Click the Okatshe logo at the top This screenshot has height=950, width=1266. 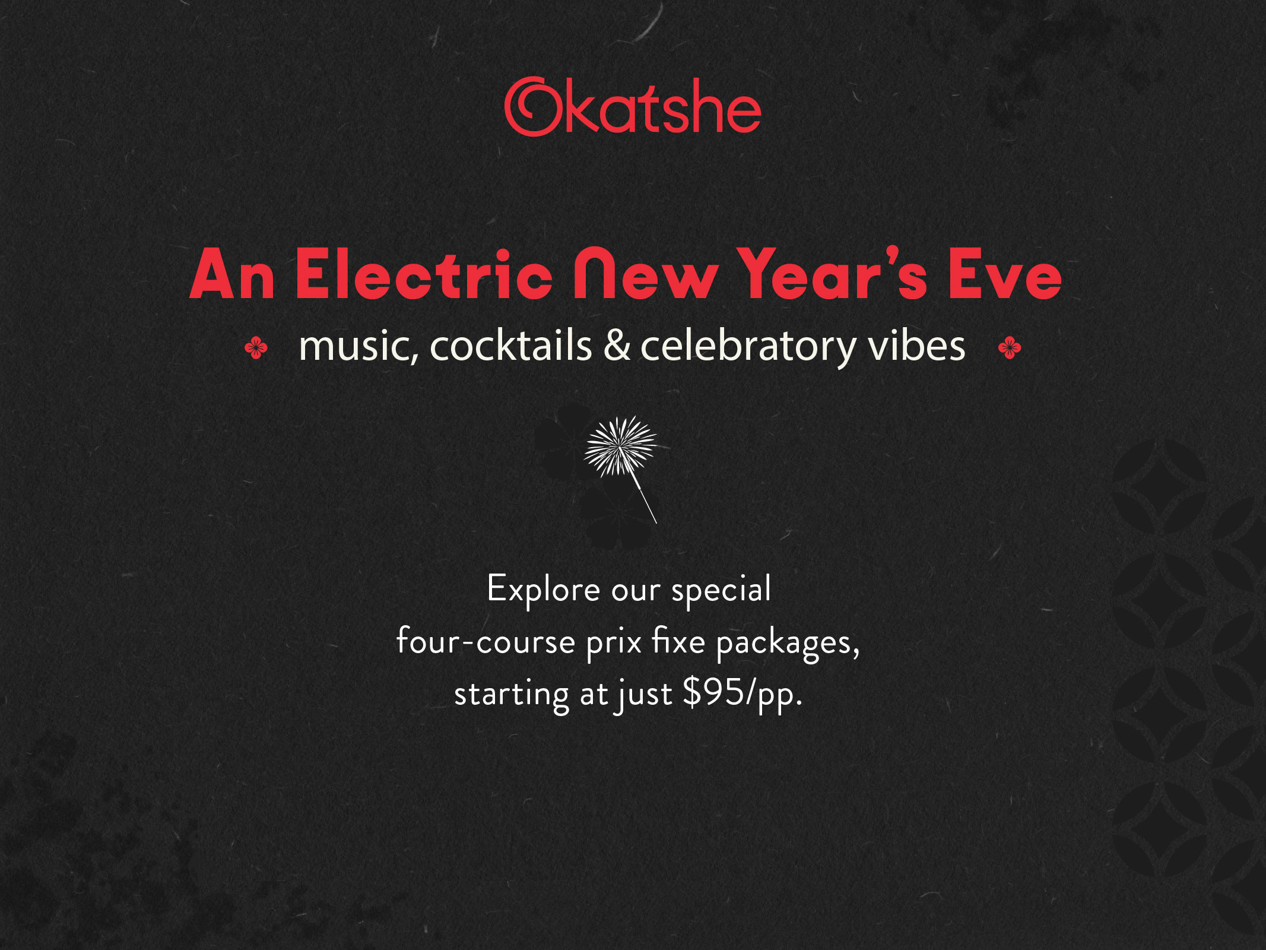pos(633,107)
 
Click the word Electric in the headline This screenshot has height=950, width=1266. pos(424,274)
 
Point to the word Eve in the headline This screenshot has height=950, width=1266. pos(1004,274)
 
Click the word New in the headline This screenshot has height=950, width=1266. pos(645,274)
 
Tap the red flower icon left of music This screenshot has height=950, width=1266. pos(256,347)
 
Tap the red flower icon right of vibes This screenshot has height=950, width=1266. pos(1010,347)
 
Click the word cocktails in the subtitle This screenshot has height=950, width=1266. pos(510,346)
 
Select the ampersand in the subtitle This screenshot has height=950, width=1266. pos(617,346)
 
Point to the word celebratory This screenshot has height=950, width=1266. pos(748,346)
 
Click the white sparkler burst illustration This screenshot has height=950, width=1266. pos(620,445)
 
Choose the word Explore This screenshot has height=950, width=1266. pos(543,590)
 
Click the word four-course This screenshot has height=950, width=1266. pos(486,642)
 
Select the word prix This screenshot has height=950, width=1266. pos(614,642)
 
